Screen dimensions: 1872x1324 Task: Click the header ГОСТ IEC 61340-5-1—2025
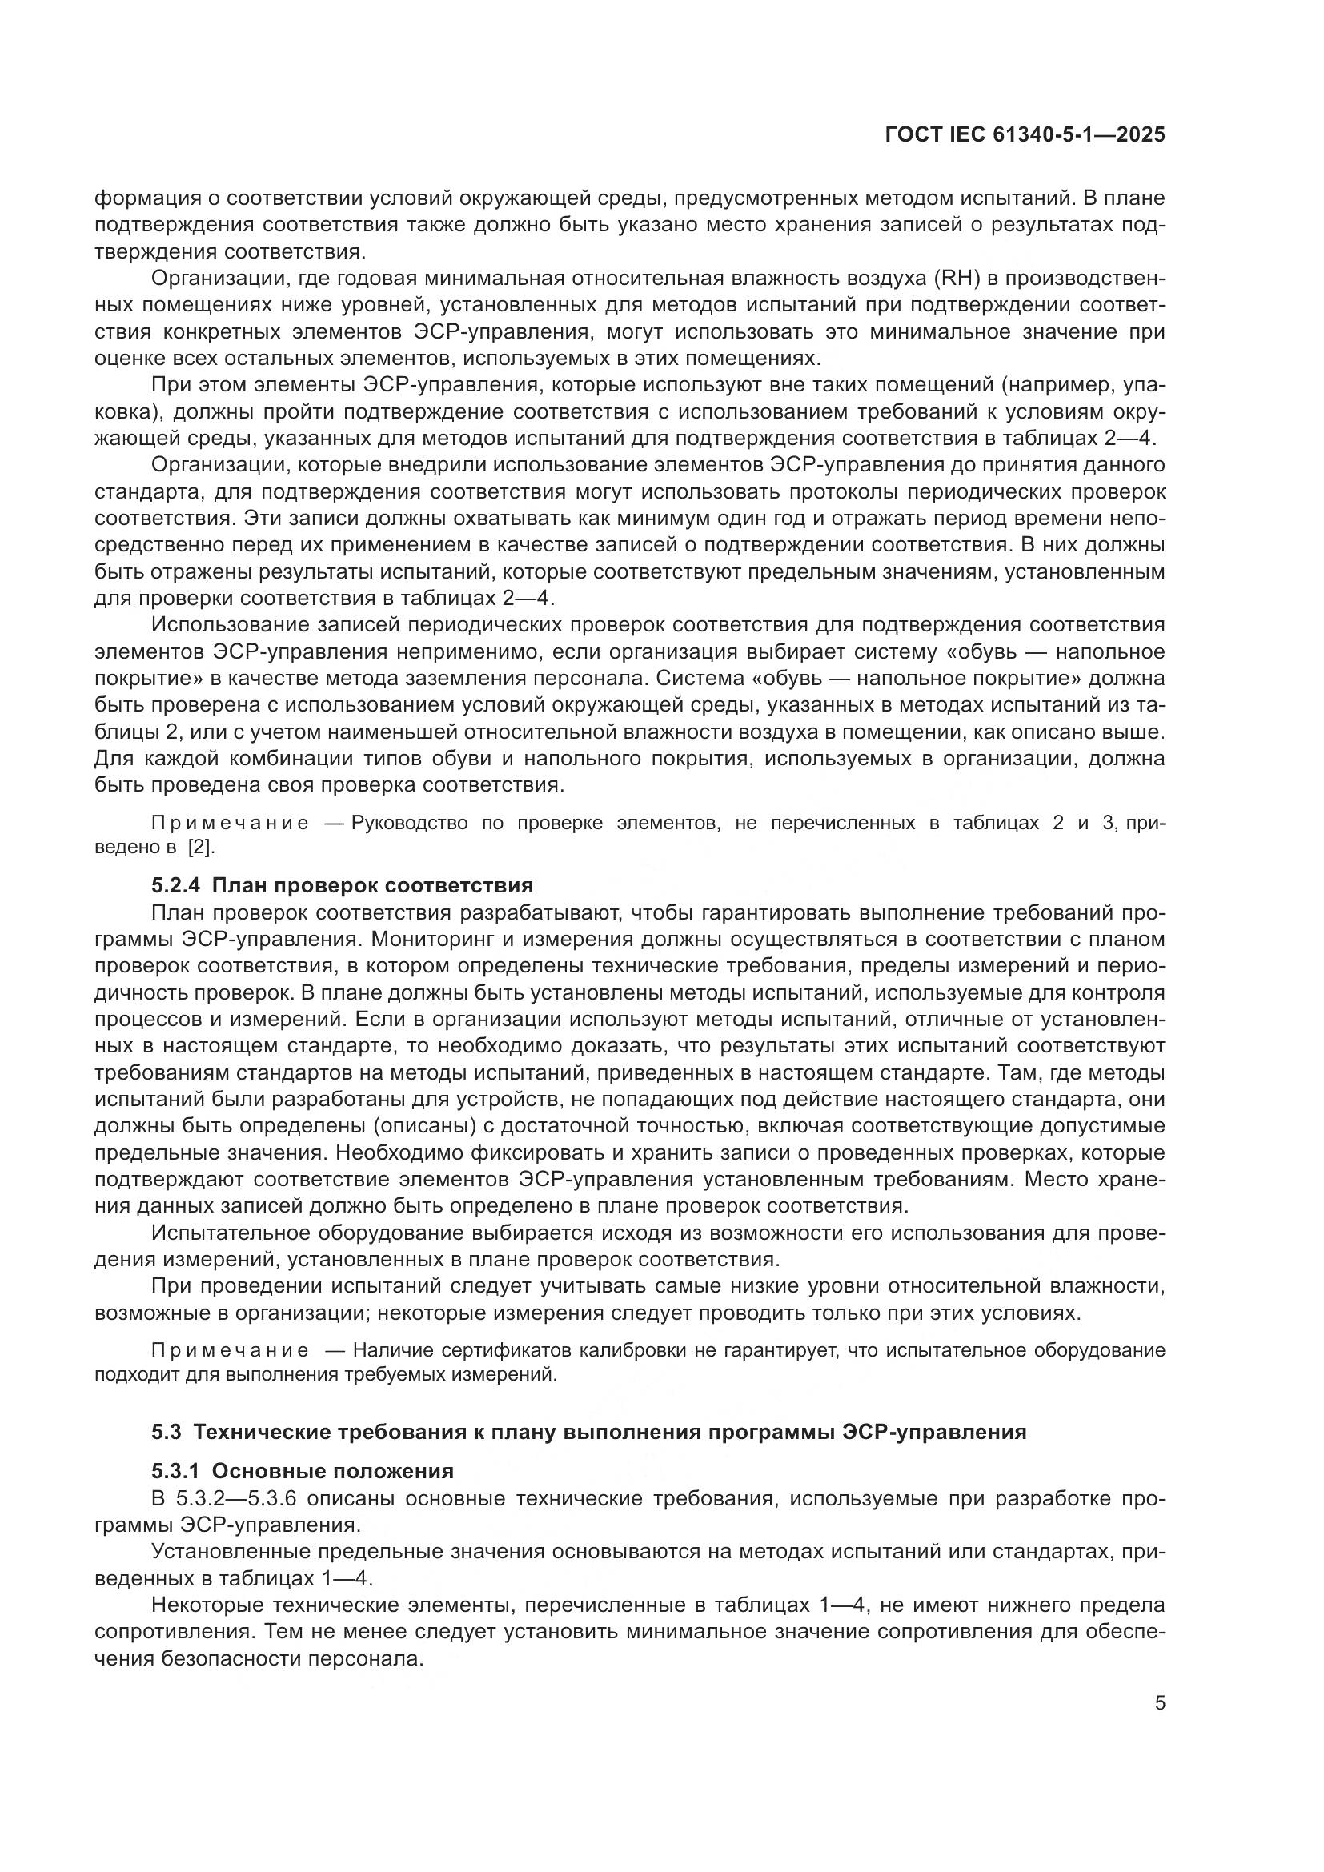pyautogui.click(x=1025, y=135)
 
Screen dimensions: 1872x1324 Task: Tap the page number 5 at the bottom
pyautogui.click(x=1159, y=1702)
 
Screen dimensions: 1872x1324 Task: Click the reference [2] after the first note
pyautogui.click(x=201, y=847)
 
